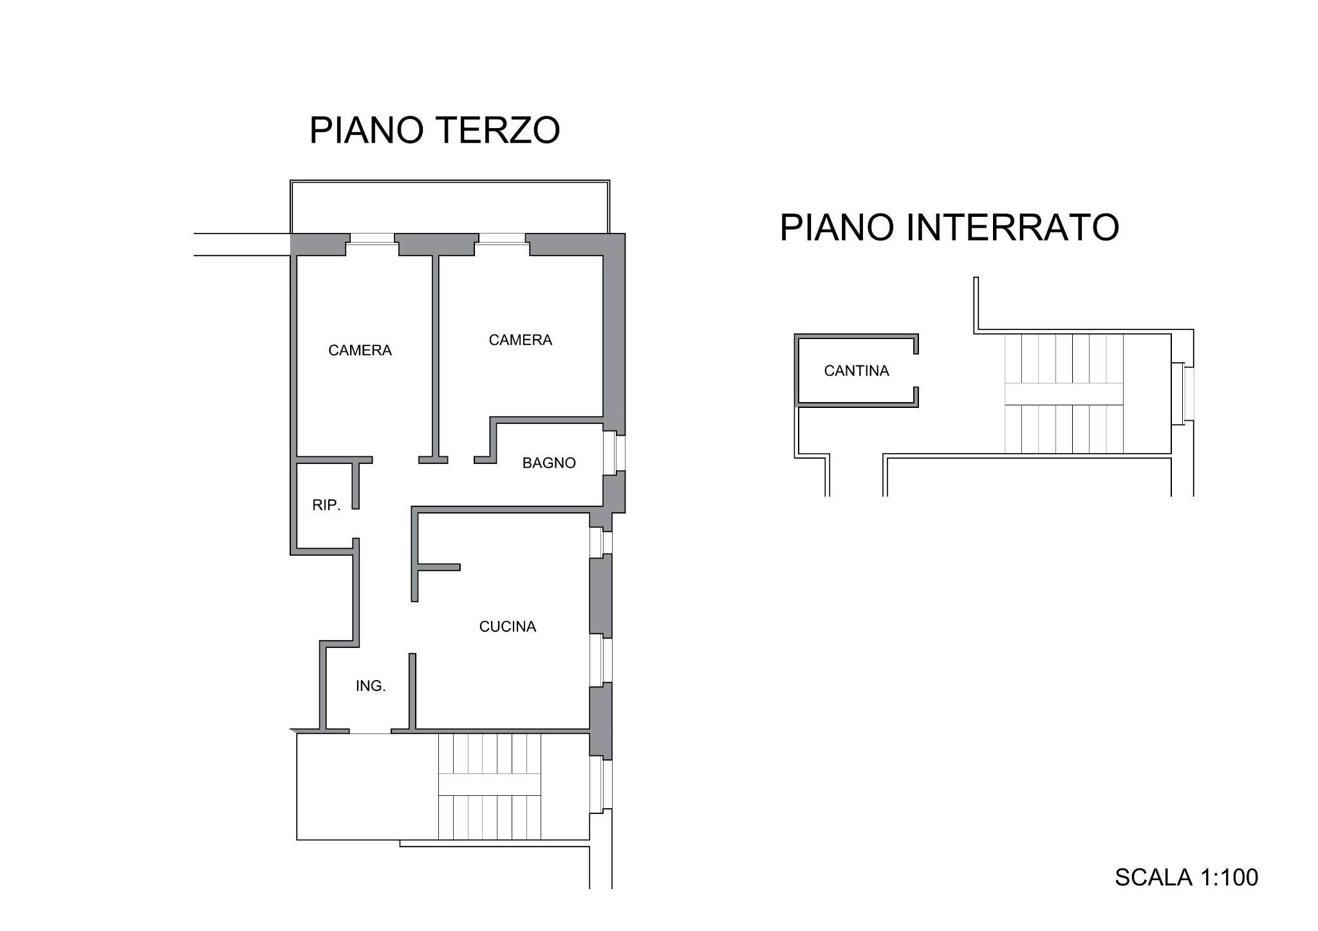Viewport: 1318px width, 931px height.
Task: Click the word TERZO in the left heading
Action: pos(497,131)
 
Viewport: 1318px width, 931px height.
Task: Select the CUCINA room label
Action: pos(507,627)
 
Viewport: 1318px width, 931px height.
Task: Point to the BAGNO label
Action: pos(548,463)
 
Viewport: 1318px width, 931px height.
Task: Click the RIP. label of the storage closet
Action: pos(326,506)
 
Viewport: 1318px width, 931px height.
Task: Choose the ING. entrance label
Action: pos(371,687)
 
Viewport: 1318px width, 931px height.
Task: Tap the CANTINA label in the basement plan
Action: pos(856,371)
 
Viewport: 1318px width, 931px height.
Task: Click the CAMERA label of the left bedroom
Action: pos(360,351)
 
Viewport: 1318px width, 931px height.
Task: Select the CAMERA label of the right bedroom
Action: pos(520,340)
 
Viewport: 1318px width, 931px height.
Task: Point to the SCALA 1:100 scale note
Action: pos(1185,878)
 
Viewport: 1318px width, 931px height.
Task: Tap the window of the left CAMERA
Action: pos(372,239)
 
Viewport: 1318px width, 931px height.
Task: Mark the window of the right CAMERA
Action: pos(502,239)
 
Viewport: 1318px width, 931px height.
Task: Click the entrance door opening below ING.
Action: pos(370,732)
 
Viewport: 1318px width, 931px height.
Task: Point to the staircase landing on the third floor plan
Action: pos(490,784)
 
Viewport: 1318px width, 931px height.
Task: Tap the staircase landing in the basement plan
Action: pos(1063,394)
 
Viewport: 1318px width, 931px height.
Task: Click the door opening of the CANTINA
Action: pos(916,371)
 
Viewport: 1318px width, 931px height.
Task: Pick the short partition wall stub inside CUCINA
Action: pos(439,567)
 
